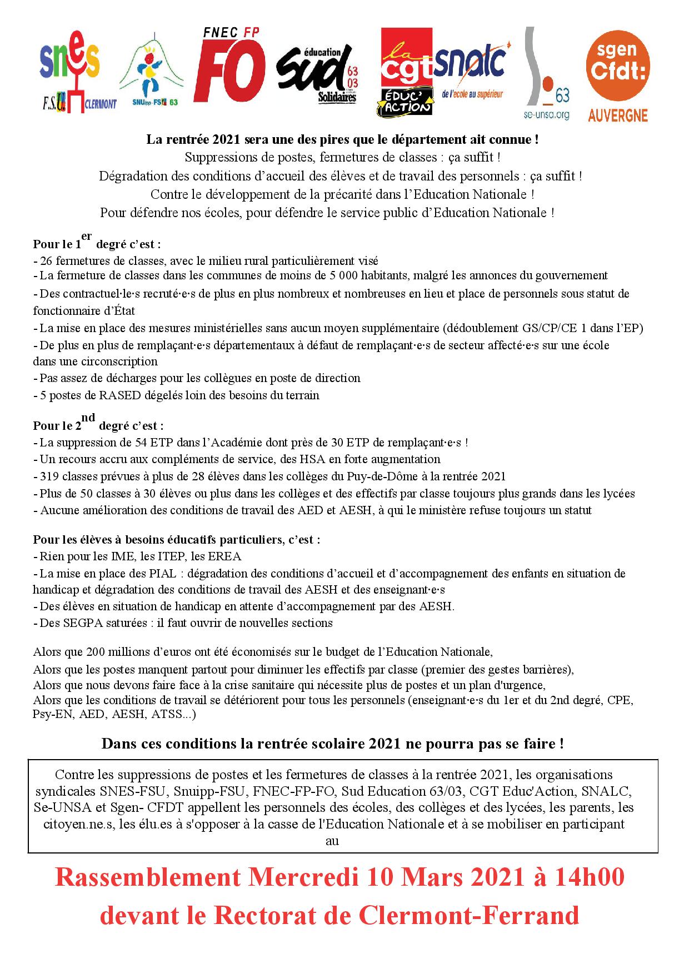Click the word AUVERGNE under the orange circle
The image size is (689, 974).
tap(618, 115)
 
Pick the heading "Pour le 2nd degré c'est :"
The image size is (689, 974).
tap(98, 426)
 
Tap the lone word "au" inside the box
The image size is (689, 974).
tap(332, 841)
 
